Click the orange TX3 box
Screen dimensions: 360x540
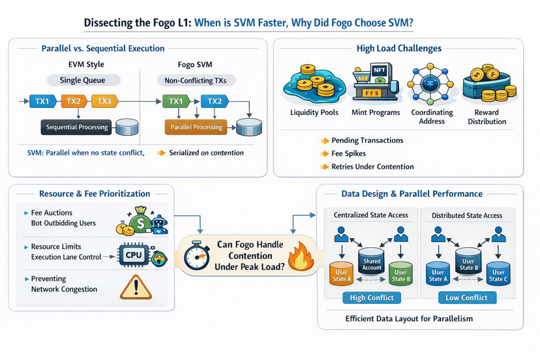104,101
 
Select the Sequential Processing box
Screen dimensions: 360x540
77,127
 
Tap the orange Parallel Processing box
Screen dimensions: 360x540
196,127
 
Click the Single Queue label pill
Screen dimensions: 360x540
84,80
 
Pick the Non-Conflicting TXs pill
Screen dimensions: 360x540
196,80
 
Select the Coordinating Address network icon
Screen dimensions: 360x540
432,84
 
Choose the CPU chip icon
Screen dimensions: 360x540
134,255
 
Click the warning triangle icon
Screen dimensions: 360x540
136,287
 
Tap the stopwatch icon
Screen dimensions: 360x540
196,255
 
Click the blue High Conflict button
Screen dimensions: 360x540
372,297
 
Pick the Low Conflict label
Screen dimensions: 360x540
466,297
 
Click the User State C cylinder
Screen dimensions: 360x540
498,274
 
